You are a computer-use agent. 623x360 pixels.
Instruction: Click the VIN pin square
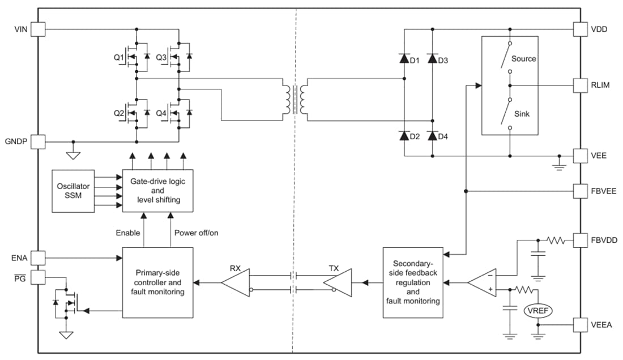(38, 29)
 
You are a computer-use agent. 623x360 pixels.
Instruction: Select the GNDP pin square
(38, 142)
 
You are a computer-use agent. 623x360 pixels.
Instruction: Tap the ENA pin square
(38, 258)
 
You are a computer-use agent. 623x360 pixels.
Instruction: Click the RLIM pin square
(581, 85)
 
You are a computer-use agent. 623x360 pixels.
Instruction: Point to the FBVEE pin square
(581, 191)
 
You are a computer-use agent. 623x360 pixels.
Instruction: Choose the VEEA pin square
(581, 325)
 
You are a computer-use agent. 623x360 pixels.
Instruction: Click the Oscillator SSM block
(73, 191)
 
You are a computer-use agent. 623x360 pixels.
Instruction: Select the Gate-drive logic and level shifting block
(157, 191)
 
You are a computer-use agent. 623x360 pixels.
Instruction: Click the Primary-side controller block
(157, 281)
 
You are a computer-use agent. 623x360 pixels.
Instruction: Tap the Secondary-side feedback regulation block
(412, 282)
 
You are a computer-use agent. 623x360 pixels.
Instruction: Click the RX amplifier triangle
(235, 281)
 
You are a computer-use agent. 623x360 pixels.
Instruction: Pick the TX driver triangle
(338, 281)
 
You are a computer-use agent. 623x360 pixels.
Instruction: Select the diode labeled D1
(404, 58)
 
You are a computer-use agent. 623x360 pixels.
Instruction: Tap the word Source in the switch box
(523, 59)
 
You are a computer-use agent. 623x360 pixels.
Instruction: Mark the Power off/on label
(196, 233)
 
